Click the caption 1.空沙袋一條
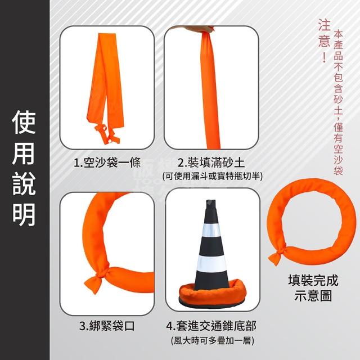(x=107, y=163)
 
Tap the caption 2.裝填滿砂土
(x=211, y=163)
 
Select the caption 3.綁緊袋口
(x=107, y=326)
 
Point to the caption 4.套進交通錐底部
(x=211, y=326)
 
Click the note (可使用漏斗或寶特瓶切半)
(x=212, y=176)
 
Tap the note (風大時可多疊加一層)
(x=213, y=341)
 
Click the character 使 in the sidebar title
(x=24, y=123)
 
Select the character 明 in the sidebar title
(x=24, y=214)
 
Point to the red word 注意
(x=324, y=34)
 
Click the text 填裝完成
(x=313, y=281)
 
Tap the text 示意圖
(x=313, y=295)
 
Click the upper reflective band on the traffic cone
(x=211, y=231)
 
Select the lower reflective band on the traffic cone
(x=211, y=264)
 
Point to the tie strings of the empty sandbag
(x=107, y=134)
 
